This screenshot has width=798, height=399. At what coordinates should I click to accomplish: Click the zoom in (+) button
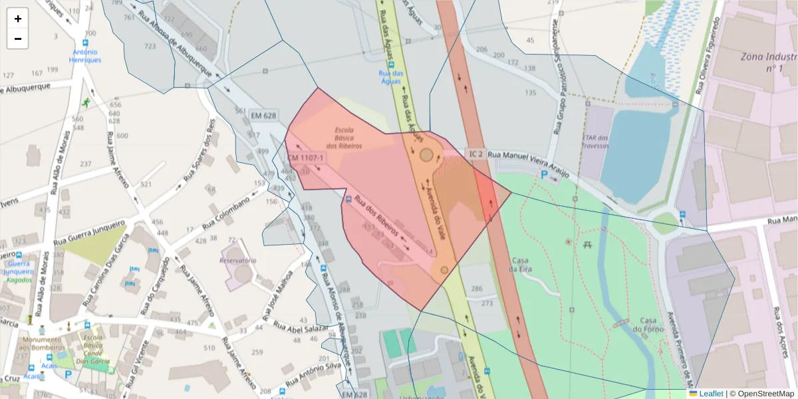[x=18, y=19]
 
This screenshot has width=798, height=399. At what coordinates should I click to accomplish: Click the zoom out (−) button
[x=18, y=39]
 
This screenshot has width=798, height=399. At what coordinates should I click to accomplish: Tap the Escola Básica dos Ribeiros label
[x=344, y=138]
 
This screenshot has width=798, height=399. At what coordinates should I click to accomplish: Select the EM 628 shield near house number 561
[x=263, y=116]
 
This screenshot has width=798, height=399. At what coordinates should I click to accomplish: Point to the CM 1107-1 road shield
[x=305, y=158]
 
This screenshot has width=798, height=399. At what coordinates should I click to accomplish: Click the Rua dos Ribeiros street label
[x=376, y=216]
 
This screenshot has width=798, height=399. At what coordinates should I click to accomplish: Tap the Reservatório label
[x=238, y=261]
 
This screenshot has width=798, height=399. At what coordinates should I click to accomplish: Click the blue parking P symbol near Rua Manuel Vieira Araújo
[x=545, y=175]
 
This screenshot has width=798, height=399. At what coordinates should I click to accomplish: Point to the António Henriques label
[x=85, y=56]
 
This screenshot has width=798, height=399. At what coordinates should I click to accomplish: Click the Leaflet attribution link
[x=710, y=394]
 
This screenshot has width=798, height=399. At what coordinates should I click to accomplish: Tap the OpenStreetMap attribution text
[x=762, y=394]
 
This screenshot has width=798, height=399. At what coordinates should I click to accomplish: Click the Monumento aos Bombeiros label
[x=42, y=344]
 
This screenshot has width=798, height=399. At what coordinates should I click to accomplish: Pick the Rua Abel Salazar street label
[x=301, y=327]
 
